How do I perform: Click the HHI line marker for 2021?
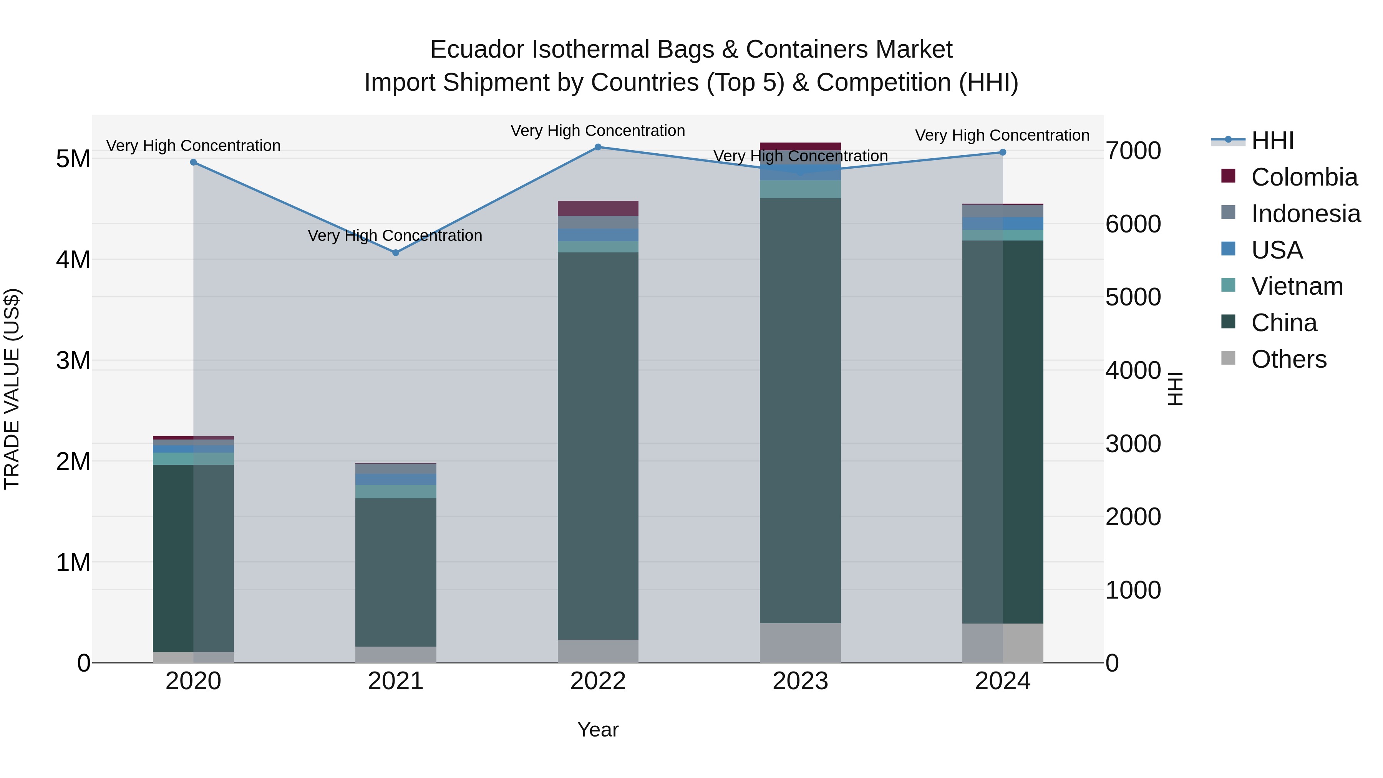[x=396, y=252]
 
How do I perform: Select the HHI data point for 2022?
[x=598, y=147]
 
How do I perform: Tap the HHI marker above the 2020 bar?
[x=193, y=162]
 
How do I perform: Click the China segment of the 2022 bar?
[x=598, y=446]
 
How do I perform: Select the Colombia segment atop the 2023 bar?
[x=800, y=146]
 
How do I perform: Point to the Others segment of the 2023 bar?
[x=800, y=643]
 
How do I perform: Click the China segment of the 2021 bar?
[x=396, y=572]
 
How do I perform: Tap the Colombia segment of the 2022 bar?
[x=598, y=208]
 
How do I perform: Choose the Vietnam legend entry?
[x=1297, y=286]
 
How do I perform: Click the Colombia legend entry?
[x=1303, y=177]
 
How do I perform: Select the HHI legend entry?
[x=1272, y=141]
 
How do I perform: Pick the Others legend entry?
[x=1288, y=359]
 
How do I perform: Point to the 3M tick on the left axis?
[x=73, y=360]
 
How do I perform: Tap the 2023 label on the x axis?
[x=800, y=681]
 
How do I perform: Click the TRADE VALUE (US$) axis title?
[x=12, y=389]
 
